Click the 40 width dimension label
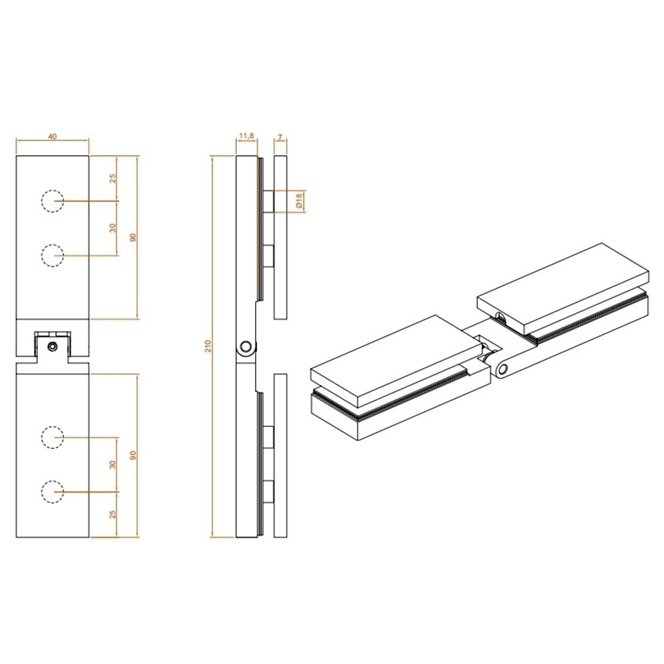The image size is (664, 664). [52, 136]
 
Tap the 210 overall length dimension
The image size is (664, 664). [207, 347]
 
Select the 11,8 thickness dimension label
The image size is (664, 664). [246, 136]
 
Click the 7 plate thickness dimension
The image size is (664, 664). [280, 137]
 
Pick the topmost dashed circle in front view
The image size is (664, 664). [52, 201]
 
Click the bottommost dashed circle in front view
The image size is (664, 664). [52, 491]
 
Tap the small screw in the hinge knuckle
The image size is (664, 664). [52, 347]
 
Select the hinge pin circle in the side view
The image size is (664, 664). [246, 347]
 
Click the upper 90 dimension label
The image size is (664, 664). [133, 237]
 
